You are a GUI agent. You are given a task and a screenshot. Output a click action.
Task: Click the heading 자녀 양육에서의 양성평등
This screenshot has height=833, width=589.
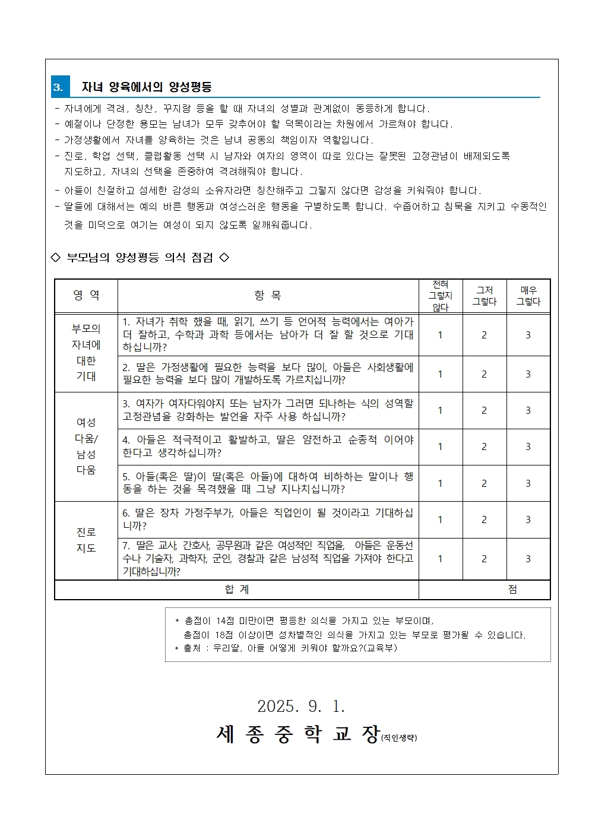pyautogui.click(x=147, y=87)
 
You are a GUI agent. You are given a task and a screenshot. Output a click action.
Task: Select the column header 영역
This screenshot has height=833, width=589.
pyautogui.click(x=86, y=295)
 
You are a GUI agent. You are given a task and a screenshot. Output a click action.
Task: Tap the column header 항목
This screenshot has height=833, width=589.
pyautogui.click(x=268, y=295)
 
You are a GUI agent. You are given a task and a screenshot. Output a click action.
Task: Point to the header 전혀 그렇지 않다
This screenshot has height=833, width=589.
pyautogui.click(x=440, y=296)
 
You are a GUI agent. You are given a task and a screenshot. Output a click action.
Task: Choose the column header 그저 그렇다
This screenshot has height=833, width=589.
pyautogui.click(x=484, y=296)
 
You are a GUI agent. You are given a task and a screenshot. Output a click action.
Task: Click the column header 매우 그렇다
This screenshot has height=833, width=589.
pyautogui.click(x=528, y=296)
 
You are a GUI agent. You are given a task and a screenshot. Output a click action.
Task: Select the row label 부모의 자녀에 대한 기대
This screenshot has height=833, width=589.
pyautogui.click(x=86, y=352)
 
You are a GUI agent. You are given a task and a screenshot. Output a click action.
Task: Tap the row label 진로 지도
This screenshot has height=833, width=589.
pyautogui.click(x=86, y=540)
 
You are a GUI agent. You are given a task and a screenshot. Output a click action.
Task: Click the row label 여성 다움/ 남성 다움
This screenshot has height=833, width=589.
pyautogui.click(x=86, y=446)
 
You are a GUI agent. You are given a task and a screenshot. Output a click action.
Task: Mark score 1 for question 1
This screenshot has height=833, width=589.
pyautogui.click(x=440, y=335)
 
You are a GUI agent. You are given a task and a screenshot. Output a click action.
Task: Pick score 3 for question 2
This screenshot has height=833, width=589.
pyautogui.click(x=528, y=374)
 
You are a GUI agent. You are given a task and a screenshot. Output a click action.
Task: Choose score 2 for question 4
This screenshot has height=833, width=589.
pyautogui.click(x=484, y=446)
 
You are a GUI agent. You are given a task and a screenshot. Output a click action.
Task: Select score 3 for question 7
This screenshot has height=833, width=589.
pyautogui.click(x=528, y=559)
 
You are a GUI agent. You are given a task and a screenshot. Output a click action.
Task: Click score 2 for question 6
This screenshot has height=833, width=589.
pyautogui.click(x=484, y=520)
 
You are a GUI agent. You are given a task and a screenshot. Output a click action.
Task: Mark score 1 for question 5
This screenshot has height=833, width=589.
pyautogui.click(x=440, y=483)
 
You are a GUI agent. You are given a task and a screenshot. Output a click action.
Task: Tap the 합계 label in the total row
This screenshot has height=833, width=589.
pyautogui.click(x=237, y=589)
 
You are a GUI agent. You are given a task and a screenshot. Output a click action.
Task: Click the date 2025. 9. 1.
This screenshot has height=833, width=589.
pyautogui.click(x=301, y=706)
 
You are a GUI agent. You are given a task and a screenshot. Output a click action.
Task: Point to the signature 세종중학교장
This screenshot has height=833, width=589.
pyautogui.click(x=298, y=734)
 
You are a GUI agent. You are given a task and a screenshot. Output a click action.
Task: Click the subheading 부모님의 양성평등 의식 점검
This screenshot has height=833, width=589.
pyautogui.click(x=140, y=257)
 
